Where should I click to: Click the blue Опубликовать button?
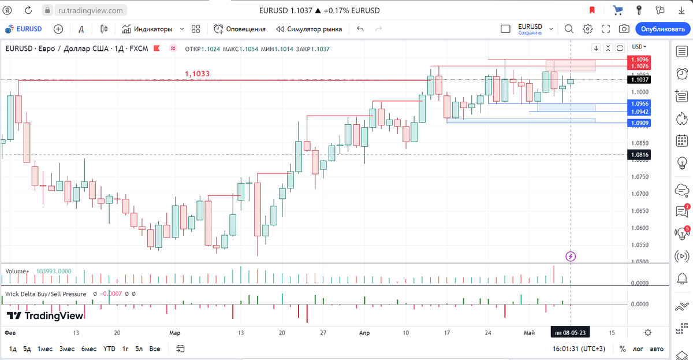tap(662, 29)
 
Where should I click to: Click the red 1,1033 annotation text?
tap(198, 74)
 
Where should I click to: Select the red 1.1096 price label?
tap(640, 60)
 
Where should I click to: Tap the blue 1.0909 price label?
tap(640, 123)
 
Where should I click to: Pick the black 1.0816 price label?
tap(640, 155)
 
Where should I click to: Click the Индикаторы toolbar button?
tap(153, 29)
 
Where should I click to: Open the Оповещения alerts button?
tap(240, 29)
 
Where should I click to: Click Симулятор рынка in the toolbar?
tap(309, 29)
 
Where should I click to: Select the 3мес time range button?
tap(67, 349)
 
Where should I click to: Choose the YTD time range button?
tap(109, 349)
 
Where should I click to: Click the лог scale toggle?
tap(638, 349)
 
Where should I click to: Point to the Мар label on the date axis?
tap(175, 333)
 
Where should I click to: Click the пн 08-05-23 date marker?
tap(570, 333)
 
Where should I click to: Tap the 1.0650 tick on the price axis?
tap(640, 211)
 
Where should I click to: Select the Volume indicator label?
tap(16, 271)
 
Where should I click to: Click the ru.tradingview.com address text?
tap(91, 10)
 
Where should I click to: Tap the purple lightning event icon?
tap(571, 256)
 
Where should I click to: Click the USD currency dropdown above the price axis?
tap(639, 47)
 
